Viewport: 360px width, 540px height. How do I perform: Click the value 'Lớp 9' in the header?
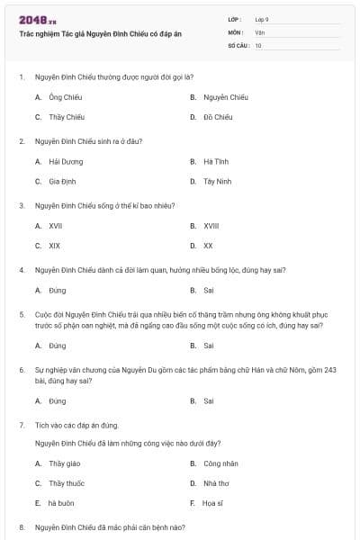click(x=262, y=19)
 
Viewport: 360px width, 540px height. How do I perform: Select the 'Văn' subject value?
click(x=259, y=31)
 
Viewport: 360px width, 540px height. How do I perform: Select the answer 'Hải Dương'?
click(x=66, y=162)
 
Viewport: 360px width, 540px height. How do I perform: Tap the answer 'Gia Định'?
click(x=62, y=181)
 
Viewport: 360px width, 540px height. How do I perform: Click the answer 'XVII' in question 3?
click(x=55, y=226)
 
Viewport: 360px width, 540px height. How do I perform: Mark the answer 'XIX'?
click(x=54, y=245)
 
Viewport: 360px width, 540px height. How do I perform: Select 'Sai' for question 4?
click(x=208, y=291)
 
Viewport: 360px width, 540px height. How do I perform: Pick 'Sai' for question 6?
click(x=208, y=400)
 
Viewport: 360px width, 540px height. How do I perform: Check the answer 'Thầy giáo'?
click(x=64, y=463)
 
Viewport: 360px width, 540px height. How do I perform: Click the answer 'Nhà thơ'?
click(x=217, y=482)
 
